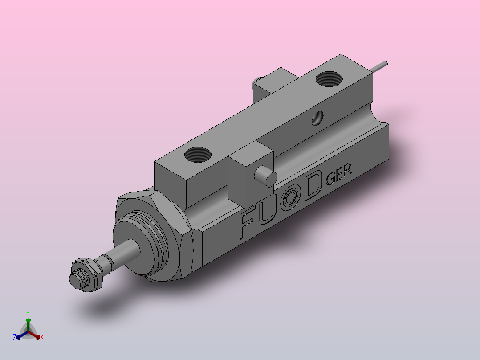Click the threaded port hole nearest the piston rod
click(x=198, y=155)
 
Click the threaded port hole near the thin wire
click(x=329, y=79)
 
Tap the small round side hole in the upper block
click(x=317, y=118)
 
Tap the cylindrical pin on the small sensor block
click(x=266, y=176)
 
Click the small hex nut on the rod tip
click(x=87, y=274)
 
